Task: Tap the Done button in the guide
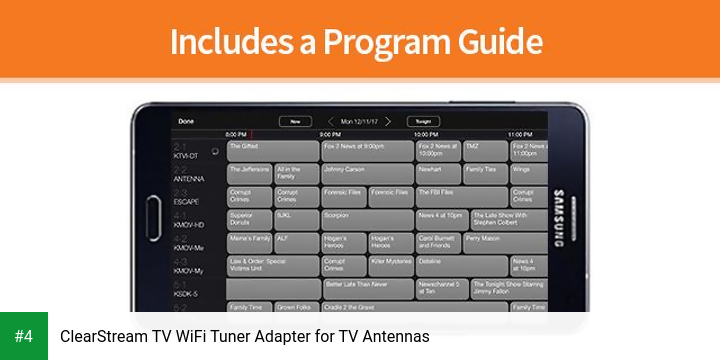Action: pyautogui.click(x=186, y=121)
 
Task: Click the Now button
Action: pyautogui.click(x=294, y=121)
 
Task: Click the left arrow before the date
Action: pyautogui.click(x=331, y=121)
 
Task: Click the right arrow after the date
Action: pyautogui.click(x=388, y=121)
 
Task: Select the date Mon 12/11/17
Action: pyautogui.click(x=360, y=121)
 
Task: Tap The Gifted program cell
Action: pyautogui.click(x=271, y=151)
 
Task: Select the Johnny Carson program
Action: pyautogui.click(x=366, y=174)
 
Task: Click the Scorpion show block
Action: pyautogui.click(x=366, y=220)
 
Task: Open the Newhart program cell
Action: pyautogui.click(x=438, y=174)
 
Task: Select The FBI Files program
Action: pyautogui.click(x=461, y=197)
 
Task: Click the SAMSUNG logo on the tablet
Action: pyautogui.click(x=559, y=212)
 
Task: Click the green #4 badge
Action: pyautogui.click(x=24, y=336)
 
